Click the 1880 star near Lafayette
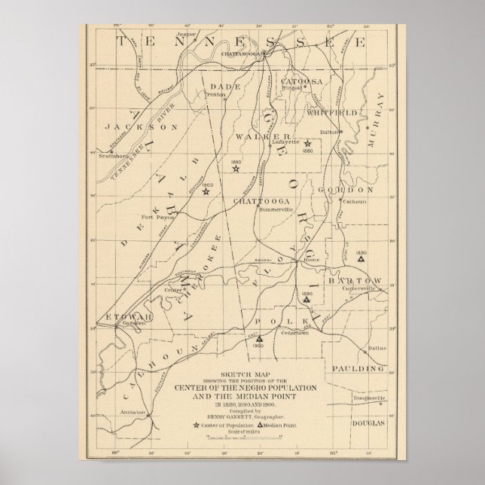[x=308, y=142]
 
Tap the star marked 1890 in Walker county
[x=235, y=169]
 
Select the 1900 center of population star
[x=206, y=191]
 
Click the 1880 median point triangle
[x=361, y=258]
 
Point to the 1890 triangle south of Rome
[x=307, y=299]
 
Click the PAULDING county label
[x=354, y=369]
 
